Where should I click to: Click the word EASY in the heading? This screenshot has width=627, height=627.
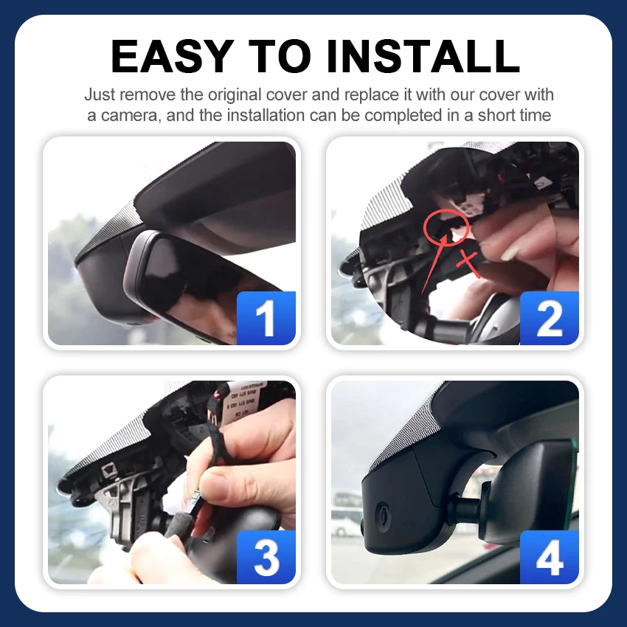(x=172, y=56)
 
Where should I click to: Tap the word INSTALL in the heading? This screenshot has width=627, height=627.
(x=423, y=56)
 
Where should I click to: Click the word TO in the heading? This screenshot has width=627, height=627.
(x=279, y=56)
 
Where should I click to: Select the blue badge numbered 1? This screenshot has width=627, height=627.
(x=266, y=318)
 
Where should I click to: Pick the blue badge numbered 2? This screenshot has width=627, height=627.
(x=549, y=318)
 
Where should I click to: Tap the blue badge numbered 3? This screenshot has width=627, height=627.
(x=266, y=557)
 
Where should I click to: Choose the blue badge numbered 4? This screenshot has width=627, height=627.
(x=549, y=557)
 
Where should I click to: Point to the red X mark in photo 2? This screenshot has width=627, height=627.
(x=468, y=264)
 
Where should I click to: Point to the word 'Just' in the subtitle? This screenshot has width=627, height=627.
(x=100, y=94)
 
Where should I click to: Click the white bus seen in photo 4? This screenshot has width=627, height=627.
(x=346, y=515)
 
